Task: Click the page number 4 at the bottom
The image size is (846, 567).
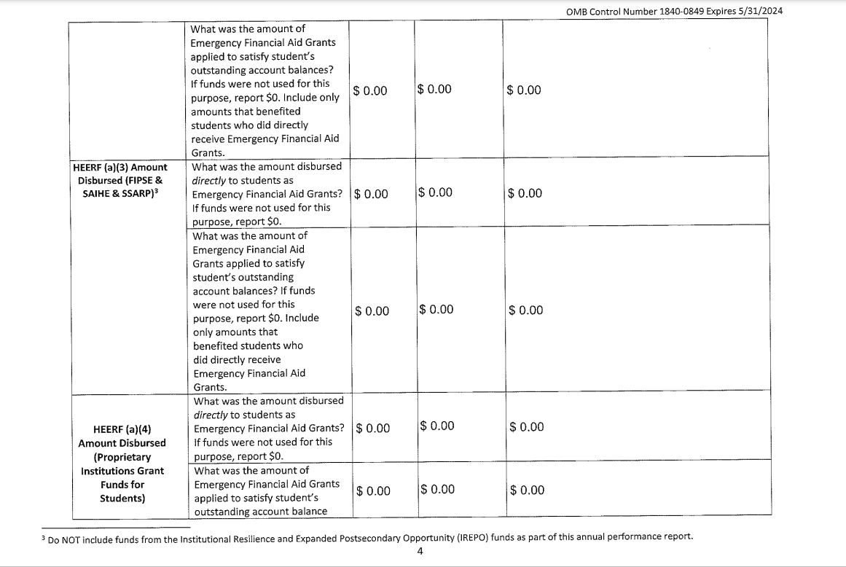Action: coord(420,551)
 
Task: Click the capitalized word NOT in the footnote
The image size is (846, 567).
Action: coord(74,537)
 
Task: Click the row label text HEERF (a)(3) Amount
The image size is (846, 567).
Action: coord(120,167)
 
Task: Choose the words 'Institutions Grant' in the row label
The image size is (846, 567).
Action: coord(122,471)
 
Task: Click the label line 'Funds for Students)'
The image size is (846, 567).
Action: coord(122,491)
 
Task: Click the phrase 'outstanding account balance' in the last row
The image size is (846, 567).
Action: coord(260,511)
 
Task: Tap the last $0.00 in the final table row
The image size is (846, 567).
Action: coord(528,490)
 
